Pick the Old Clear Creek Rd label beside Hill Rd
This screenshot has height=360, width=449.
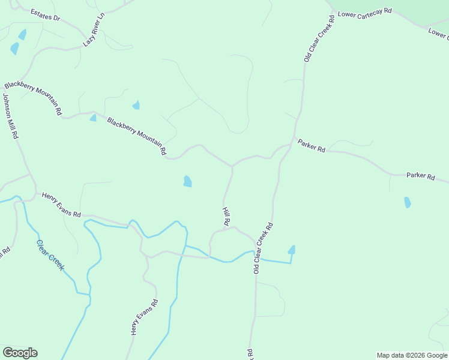[263, 248]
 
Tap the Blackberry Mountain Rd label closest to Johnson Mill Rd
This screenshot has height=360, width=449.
[33, 98]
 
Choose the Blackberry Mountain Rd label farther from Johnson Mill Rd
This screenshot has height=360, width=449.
[136, 136]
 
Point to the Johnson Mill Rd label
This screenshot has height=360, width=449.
[10, 116]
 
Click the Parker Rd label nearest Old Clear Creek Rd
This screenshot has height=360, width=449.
[311, 145]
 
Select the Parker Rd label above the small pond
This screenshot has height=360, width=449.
[420, 176]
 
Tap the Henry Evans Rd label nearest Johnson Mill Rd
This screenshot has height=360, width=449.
[61, 205]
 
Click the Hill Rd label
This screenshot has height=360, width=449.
[226, 216]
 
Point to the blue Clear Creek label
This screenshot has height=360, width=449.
[50, 256]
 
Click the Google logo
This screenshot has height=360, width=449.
[20, 353]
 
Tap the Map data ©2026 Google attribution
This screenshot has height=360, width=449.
[412, 355]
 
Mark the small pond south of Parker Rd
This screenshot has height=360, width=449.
[408, 203]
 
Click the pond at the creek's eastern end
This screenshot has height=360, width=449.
[292, 250]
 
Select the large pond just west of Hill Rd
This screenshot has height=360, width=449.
[187, 181]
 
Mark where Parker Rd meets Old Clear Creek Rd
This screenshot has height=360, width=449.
[292, 144]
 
